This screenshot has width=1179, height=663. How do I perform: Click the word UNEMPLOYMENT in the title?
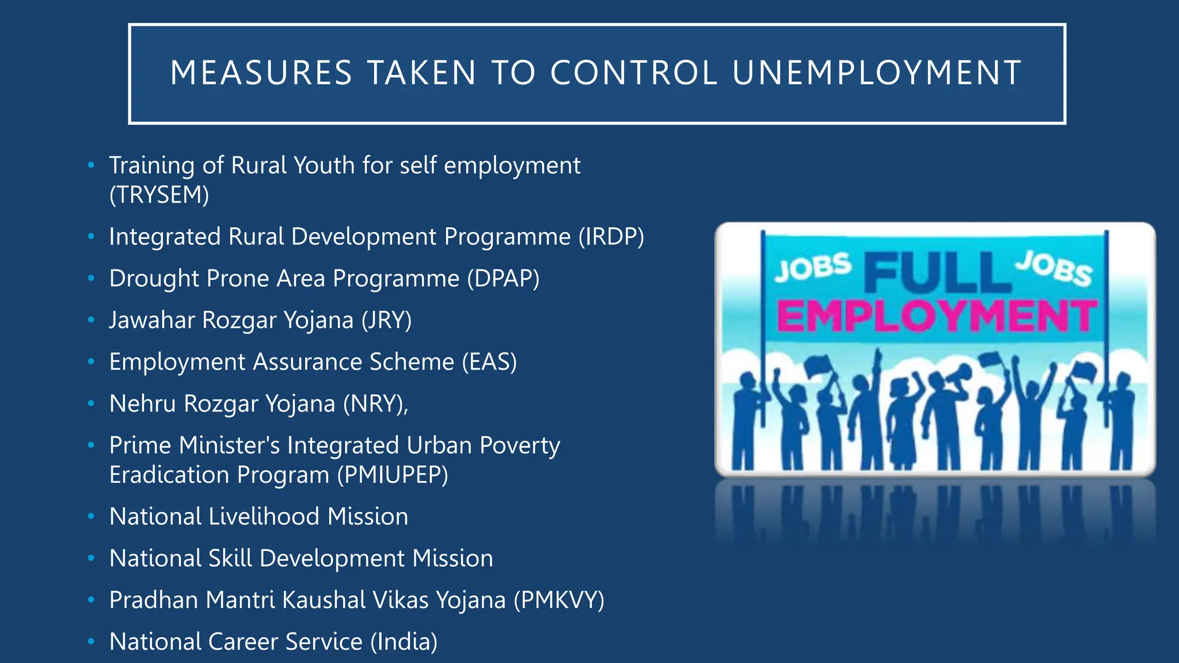tap(877, 73)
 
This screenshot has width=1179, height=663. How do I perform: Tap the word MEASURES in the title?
tap(261, 73)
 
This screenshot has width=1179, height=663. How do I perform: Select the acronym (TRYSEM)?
tap(159, 195)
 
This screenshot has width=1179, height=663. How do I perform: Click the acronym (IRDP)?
tap(611, 237)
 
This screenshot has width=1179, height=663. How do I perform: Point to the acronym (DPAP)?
tap(503, 279)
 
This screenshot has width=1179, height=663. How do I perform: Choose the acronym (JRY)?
tap(386, 321)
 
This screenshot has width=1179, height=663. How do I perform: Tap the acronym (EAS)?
tap(489, 362)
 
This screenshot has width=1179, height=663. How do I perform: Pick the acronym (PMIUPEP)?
tap(393, 475)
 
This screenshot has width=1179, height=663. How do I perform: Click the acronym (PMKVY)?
tap(559, 600)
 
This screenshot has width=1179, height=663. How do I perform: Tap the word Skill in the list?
tap(230, 558)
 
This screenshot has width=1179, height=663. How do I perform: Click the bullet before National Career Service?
tap(91, 641)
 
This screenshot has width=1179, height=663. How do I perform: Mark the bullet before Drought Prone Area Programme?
tap(91, 279)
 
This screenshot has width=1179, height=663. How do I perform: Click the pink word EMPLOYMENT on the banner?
tap(937, 316)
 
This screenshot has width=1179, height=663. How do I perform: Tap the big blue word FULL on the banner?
tap(937, 273)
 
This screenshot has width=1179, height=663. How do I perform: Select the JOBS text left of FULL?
tap(813, 267)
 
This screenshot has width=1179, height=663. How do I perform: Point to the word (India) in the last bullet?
tap(404, 642)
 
